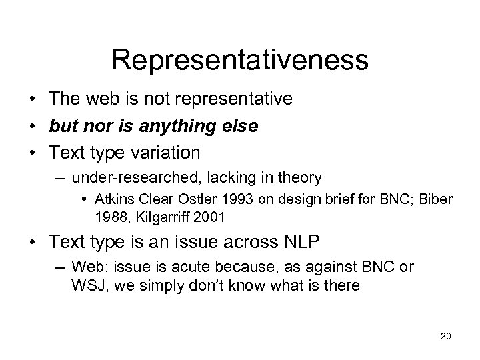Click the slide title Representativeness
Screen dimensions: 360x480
click(x=240, y=59)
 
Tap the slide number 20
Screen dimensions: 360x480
click(x=446, y=335)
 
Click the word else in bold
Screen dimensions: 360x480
click(x=242, y=126)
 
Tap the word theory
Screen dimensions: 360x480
click(x=301, y=178)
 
